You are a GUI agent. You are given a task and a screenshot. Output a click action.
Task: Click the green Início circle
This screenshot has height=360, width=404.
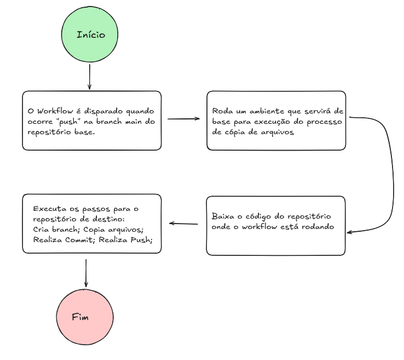click(x=90, y=35)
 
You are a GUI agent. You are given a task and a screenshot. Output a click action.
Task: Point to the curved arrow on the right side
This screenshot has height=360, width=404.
click(x=391, y=175)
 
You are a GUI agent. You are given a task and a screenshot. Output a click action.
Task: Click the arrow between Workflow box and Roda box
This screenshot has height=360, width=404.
click(x=183, y=118)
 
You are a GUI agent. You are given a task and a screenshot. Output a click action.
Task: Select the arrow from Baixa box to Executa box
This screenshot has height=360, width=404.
click(x=183, y=224)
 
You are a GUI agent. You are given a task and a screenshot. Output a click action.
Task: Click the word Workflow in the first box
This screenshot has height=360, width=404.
click(x=55, y=111)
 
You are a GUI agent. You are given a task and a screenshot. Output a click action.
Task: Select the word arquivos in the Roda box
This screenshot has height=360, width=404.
click(x=276, y=132)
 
